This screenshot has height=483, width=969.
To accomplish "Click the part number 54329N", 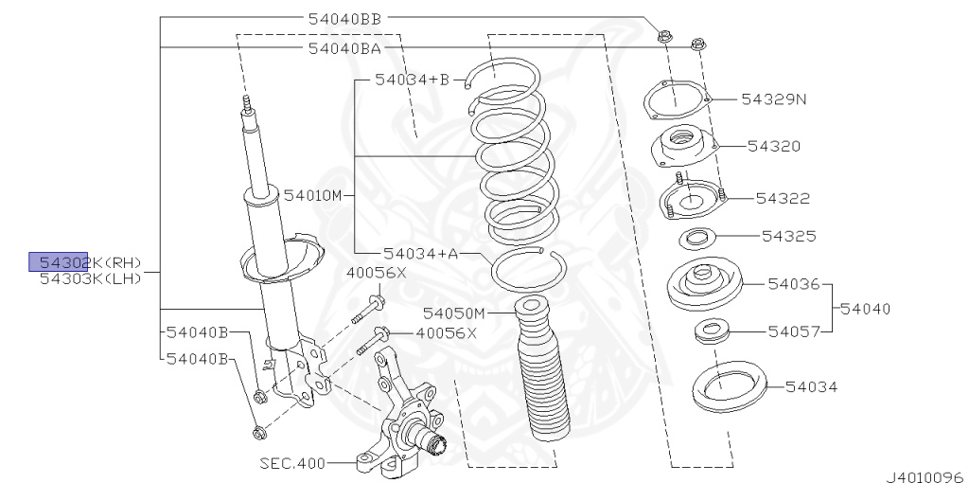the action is (x=774, y=98).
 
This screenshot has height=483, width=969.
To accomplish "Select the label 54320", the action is (x=774, y=146).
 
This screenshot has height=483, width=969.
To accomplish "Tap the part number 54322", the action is (x=783, y=198).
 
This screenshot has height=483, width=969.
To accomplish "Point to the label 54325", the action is (x=788, y=236).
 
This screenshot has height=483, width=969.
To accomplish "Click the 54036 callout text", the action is (x=794, y=284).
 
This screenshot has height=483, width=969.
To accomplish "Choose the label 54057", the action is (x=794, y=331).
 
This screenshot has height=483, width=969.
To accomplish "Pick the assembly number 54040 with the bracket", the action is (x=865, y=308).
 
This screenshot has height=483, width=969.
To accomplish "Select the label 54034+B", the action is (x=412, y=80).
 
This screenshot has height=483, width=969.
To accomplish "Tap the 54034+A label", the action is (x=421, y=253).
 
